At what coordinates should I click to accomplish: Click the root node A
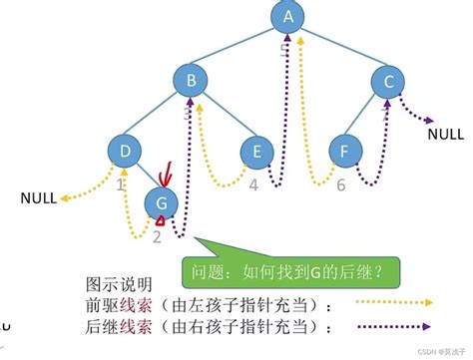click(x=288, y=17)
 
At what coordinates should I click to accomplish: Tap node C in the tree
click(x=387, y=83)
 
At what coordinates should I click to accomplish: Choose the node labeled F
click(x=345, y=153)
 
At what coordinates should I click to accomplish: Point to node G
click(x=163, y=203)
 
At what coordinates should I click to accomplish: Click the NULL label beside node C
click(x=445, y=133)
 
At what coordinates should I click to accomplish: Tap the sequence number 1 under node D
click(x=120, y=184)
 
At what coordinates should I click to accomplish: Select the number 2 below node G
click(x=157, y=237)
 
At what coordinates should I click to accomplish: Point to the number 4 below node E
click(x=253, y=184)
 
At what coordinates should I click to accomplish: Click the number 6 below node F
click(x=340, y=184)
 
